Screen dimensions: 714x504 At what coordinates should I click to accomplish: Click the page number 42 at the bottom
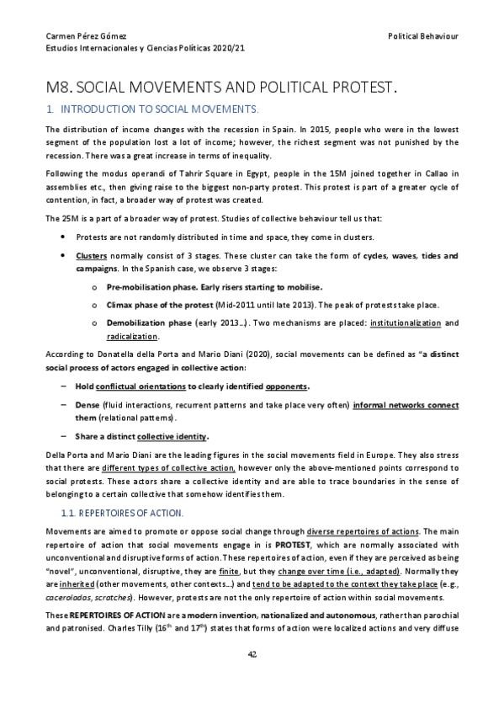pyautogui.click(x=252, y=678)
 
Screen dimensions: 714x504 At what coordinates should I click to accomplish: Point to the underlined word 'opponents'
pyautogui.click(x=284, y=386)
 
